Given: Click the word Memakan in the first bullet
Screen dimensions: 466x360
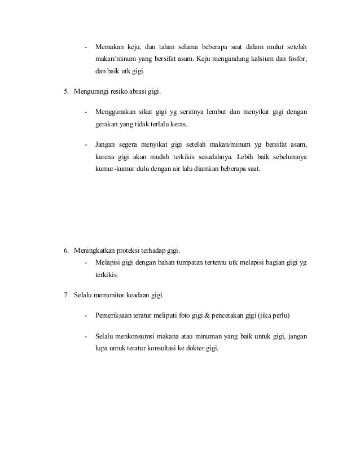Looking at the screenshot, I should (111, 46).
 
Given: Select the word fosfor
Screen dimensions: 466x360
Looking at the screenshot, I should (297, 59).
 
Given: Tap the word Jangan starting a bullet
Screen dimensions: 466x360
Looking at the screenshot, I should (108, 144).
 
